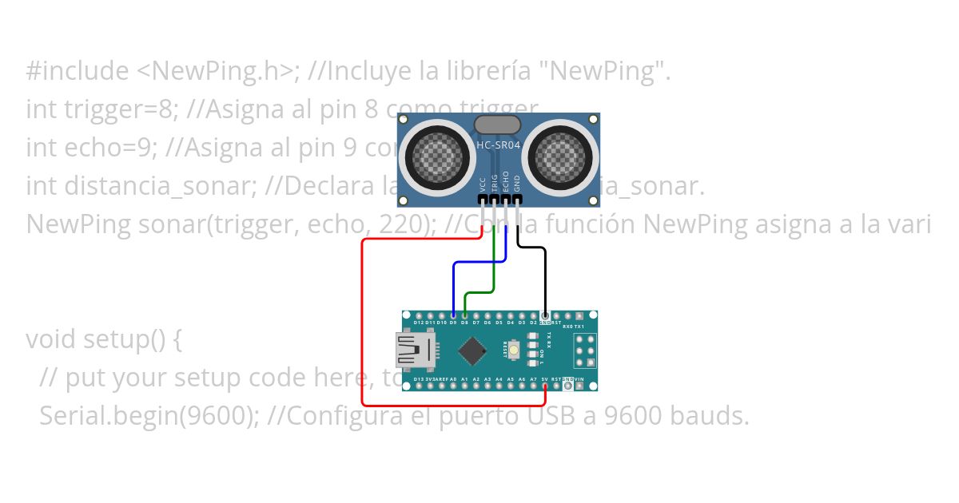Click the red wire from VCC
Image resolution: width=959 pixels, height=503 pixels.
point(363,319)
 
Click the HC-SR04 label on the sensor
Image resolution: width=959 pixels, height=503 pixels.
point(499,147)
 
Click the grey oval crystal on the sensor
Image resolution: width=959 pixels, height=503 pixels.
point(497,124)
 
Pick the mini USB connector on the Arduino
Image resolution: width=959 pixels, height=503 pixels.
point(416,351)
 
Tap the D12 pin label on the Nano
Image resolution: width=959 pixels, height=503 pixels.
point(419,323)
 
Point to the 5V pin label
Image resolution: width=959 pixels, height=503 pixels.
point(544,379)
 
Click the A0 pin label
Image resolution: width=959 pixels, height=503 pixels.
point(453,379)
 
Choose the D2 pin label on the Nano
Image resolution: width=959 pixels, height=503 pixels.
point(533,323)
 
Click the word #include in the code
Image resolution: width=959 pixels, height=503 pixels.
point(76,72)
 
